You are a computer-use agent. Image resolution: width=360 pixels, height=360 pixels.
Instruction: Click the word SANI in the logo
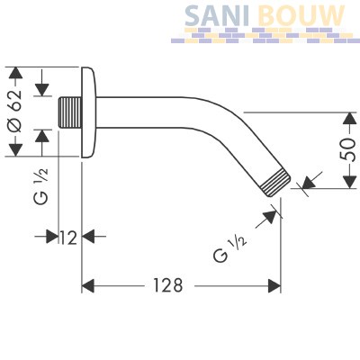217,15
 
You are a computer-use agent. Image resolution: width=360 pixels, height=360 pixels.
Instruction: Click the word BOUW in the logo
301,15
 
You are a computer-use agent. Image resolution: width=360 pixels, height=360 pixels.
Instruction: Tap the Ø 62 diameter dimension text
15,112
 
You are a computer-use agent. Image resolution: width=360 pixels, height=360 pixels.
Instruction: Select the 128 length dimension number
168,285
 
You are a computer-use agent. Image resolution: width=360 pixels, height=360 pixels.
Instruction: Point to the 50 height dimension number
349,150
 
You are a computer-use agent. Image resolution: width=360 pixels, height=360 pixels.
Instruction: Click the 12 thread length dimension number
69,238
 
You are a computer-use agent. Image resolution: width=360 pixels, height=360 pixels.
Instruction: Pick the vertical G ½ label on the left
40,186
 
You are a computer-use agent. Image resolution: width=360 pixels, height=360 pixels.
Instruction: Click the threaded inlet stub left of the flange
69,112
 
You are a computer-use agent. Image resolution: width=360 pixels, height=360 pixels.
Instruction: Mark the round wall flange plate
89,112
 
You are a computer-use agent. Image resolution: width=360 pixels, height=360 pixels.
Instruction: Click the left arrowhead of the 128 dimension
88,286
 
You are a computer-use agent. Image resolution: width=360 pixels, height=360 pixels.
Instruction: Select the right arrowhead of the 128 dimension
274,286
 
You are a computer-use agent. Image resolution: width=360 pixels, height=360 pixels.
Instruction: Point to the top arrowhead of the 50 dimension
349,119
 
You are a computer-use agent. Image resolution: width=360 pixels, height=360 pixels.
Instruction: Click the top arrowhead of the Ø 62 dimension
15,73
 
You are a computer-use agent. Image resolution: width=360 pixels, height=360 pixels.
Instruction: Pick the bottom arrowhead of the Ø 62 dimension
15,150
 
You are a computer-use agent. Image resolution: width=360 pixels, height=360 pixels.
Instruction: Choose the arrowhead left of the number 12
52,237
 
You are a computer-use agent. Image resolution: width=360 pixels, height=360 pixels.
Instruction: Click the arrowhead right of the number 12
88,237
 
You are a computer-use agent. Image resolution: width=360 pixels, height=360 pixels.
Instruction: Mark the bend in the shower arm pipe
210,120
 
